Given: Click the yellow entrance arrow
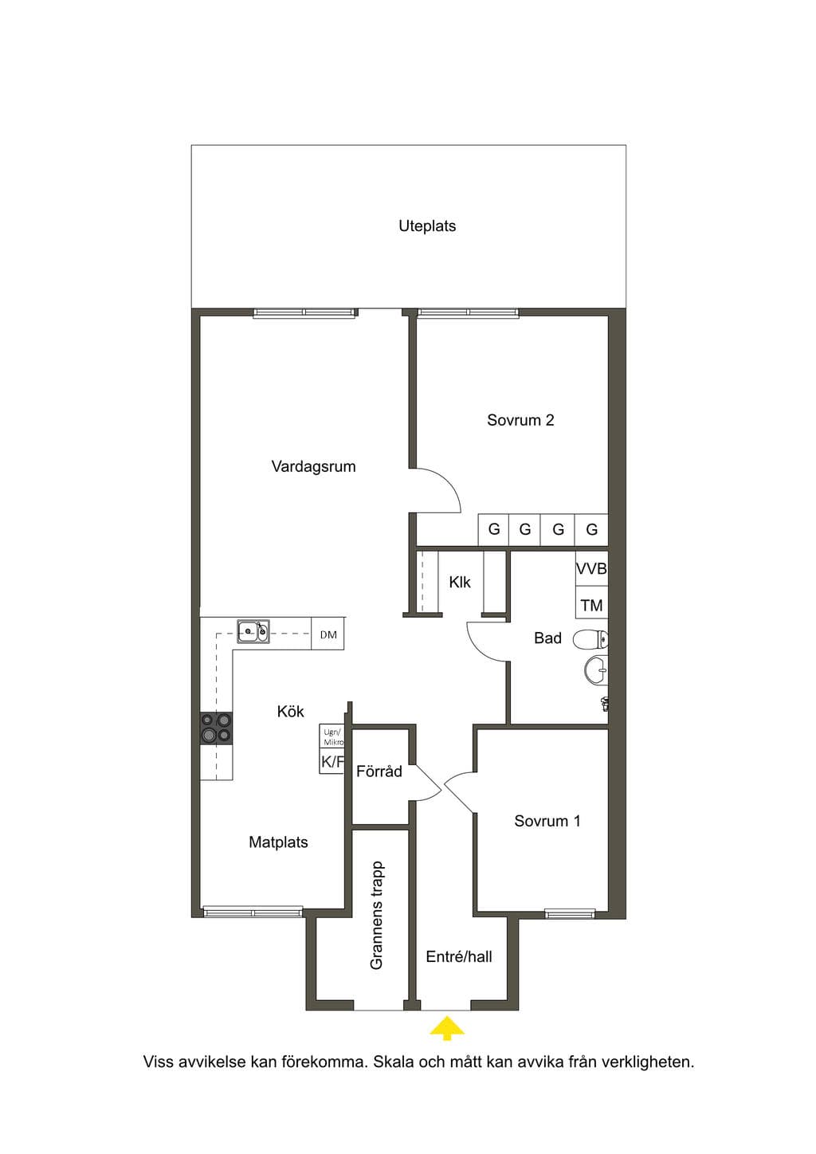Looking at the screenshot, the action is (x=446, y=1028).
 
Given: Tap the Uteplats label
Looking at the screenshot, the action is (x=427, y=226).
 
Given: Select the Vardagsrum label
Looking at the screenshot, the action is (x=313, y=467).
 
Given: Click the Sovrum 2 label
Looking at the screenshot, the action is (x=520, y=420).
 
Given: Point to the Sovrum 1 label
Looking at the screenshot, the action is (x=547, y=821).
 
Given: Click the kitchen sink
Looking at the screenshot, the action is (x=253, y=632).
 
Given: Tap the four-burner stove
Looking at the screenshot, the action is (x=216, y=728).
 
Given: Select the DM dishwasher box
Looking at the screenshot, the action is (x=328, y=634).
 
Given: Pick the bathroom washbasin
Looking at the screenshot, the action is (x=597, y=671).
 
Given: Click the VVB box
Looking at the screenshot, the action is (x=591, y=569).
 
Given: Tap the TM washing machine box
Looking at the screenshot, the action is (x=591, y=604).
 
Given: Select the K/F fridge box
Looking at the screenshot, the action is (x=331, y=763).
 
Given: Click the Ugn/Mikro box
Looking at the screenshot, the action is (x=331, y=737).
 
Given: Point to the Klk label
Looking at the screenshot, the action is (x=460, y=583).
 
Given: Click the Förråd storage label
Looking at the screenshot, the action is (x=379, y=771).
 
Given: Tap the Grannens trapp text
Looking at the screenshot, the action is (x=377, y=916).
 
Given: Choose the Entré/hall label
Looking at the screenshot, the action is (x=458, y=957).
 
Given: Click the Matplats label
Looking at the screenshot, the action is (x=278, y=842).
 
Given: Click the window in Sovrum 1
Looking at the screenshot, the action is (x=571, y=914).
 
